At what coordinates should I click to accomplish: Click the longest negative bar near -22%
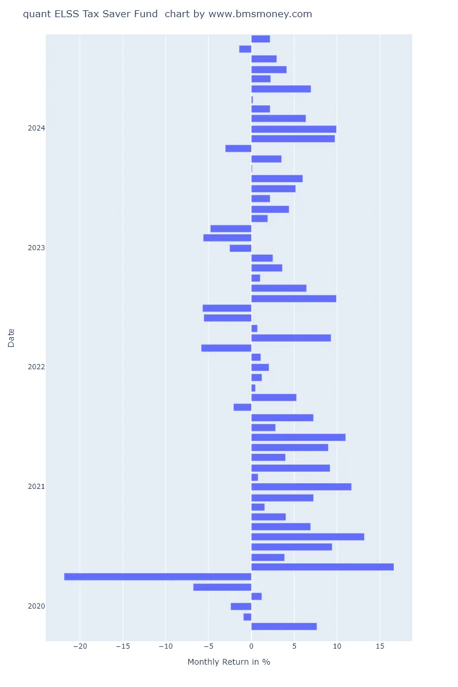pyautogui.click(x=157, y=577)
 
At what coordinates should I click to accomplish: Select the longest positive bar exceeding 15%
pyautogui.click(x=322, y=567)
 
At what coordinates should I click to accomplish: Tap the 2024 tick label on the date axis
pyautogui.click(x=36, y=128)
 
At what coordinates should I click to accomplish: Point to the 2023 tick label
pyautogui.click(x=36, y=248)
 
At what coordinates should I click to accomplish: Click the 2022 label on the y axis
pyautogui.click(x=36, y=367)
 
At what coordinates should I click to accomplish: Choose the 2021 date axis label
pyautogui.click(x=36, y=487)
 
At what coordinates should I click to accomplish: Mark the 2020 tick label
pyautogui.click(x=36, y=606)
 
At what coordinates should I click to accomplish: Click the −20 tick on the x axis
pyautogui.click(x=80, y=646)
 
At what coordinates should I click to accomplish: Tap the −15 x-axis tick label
pyautogui.click(x=123, y=646)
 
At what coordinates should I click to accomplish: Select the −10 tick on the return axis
pyautogui.click(x=165, y=646)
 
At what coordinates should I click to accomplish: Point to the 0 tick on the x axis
pyautogui.click(x=251, y=646)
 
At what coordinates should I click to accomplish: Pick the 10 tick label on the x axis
pyautogui.click(x=337, y=646)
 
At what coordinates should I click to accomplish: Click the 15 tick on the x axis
pyautogui.click(x=380, y=646)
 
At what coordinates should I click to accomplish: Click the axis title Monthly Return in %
pyautogui.click(x=228, y=662)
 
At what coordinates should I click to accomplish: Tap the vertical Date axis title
pyautogui.click(x=11, y=337)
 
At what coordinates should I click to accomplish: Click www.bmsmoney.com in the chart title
pyautogui.click(x=260, y=14)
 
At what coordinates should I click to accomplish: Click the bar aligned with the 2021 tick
pyautogui.click(x=301, y=487)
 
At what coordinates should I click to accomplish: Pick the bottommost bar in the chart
pyautogui.click(x=284, y=626)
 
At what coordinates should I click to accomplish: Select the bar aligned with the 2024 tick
pyautogui.click(x=294, y=129)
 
